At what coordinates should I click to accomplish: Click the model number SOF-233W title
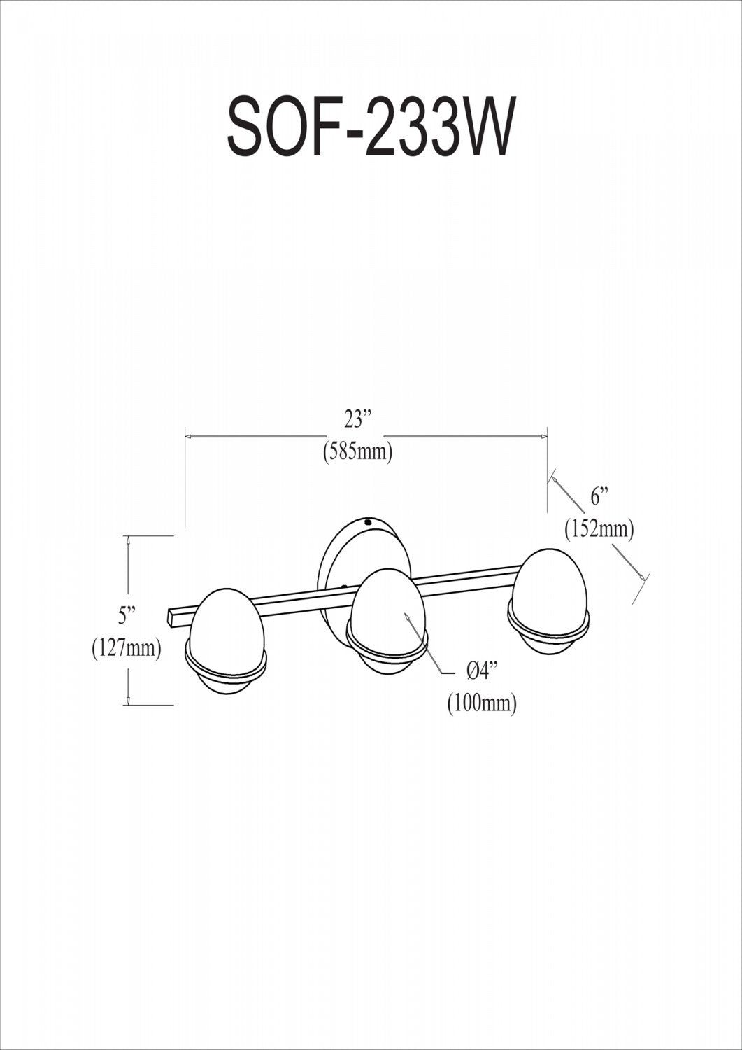371,127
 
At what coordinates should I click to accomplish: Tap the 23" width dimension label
357,420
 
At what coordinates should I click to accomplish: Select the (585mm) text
357,453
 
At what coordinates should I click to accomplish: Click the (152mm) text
599,530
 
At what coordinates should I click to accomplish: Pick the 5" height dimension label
127,615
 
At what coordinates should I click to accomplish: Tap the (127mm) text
127,648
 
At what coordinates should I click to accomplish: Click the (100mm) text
482,703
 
